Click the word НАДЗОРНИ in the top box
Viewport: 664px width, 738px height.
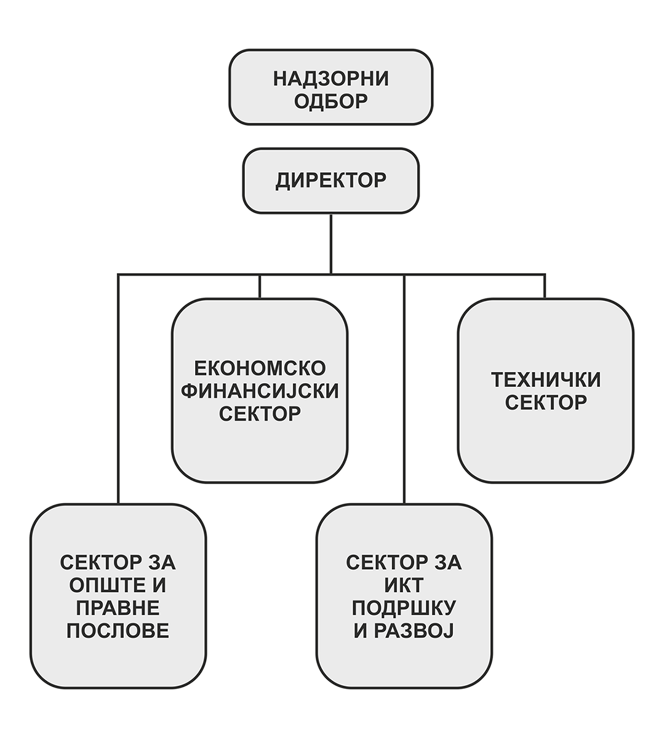(x=330, y=78)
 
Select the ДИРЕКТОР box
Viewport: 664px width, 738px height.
(x=330, y=181)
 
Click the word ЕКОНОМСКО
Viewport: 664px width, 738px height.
(x=260, y=368)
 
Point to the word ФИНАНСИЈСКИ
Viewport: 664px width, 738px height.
(x=260, y=391)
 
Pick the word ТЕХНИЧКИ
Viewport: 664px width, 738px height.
(x=545, y=380)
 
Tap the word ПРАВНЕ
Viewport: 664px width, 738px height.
(x=118, y=608)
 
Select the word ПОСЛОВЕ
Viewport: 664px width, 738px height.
(x=118, y=630)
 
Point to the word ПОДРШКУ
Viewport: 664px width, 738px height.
(x=404, y=608)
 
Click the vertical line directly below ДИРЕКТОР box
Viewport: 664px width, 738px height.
(x=331, y=243)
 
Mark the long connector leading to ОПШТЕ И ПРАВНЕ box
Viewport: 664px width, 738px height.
(x=118, y=387)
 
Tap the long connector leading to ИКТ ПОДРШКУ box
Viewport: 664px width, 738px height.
(x=404, y=387)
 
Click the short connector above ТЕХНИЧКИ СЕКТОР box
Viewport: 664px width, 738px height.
(x=545, y=286)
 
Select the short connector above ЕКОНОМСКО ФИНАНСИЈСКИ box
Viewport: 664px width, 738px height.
(x=260, y=286)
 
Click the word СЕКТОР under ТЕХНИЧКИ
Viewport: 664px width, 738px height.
(x=545, y=403)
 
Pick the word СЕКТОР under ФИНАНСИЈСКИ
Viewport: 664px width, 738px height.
(x=260, y=413)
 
